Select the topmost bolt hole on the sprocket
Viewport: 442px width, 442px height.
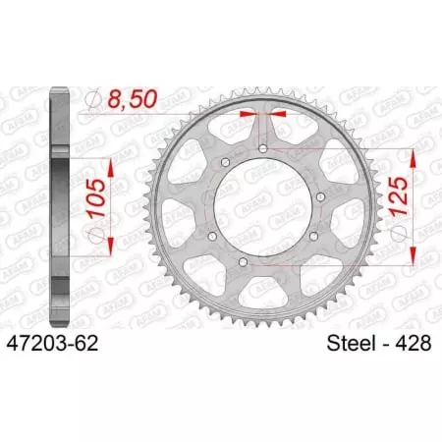click(262, 148)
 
